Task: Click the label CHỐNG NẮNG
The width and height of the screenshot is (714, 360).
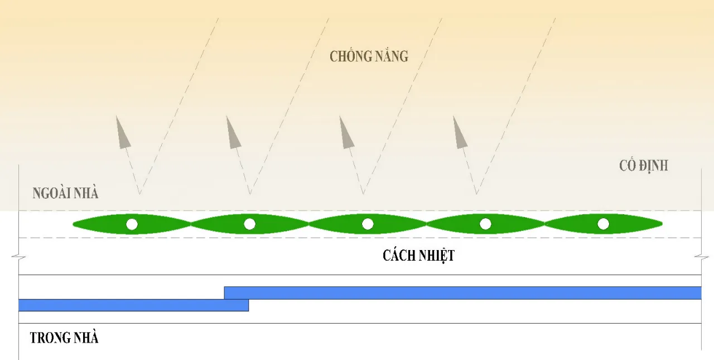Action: pyautogui.click(x=369, y=56)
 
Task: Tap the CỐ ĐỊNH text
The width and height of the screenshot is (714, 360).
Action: pyautogui.click(x=644, y=166)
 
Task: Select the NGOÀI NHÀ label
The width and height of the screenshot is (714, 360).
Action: pyautogui.click(x=65, y=193)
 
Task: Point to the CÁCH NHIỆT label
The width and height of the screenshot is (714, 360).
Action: pyautogui.click(x=418, y=256)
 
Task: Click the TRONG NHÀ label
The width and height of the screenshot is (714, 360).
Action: pyautogui.click(x=64, y=338)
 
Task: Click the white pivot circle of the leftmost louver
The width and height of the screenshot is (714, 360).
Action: pyautogui.click(x=132, y=224)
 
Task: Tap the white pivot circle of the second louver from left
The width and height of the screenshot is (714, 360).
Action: pyautogui.click(x=249, y=224)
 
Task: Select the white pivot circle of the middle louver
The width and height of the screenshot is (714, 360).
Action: pyautogui.click(x=368, y=224)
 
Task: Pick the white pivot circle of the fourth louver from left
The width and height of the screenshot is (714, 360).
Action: pyautogui.click(x=485, y=224)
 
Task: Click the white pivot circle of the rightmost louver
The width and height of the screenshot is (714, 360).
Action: pyautogui.click(x=603, y=224)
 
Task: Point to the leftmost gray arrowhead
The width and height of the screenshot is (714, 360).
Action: pyautogui.click(x=122, y=134)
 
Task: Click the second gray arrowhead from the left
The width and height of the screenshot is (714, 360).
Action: pyautogui.click(x=233, y=134)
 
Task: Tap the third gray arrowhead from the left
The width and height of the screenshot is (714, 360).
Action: pyautogui.click(x=346, y=134)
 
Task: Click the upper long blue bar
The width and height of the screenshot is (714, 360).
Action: pyautogui.click(x=463, y=293)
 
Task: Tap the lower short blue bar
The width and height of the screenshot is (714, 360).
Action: pyautogui.click(x=133, y=305)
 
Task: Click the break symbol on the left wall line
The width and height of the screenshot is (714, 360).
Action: pyautogui.click(x=19, y=257)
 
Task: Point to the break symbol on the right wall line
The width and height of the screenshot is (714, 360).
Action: pyautogui.click(x=702, y=257)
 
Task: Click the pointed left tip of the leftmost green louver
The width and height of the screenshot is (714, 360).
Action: pyautogui.click(x=73, y=224)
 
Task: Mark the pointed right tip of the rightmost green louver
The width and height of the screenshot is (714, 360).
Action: pyautogui.click(x=662, y=224)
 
